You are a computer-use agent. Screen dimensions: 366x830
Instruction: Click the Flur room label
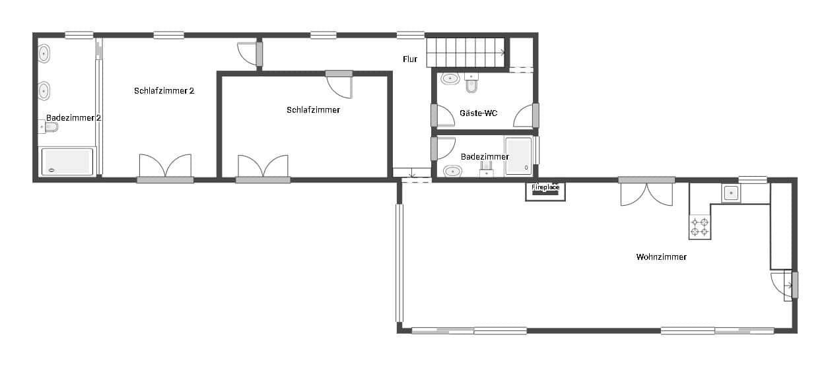[410, 59]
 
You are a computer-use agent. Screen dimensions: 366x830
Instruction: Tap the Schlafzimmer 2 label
[164, 91]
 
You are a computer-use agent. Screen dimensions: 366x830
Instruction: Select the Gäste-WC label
[478, 113]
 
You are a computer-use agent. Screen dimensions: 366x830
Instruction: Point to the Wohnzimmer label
[661, 257]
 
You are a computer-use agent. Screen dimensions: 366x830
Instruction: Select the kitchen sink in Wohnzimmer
[730, 193]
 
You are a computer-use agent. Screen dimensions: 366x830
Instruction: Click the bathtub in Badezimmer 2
[67, 162]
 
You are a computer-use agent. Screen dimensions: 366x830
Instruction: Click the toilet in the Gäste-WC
[471, 84]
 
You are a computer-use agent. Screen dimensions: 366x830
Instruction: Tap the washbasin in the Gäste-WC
[450, 79]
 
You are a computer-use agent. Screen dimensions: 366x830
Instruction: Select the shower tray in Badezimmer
[518, 157]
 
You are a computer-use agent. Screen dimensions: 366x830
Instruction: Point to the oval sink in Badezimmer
[452, 171]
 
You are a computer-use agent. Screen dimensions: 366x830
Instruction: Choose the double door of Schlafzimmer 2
[165, 168]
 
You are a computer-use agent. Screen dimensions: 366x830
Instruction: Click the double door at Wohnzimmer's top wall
[646, 193]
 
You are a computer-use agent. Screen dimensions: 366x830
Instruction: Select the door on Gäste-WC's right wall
[526, 116]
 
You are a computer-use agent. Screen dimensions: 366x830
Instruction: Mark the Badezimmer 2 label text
[73, 118]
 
